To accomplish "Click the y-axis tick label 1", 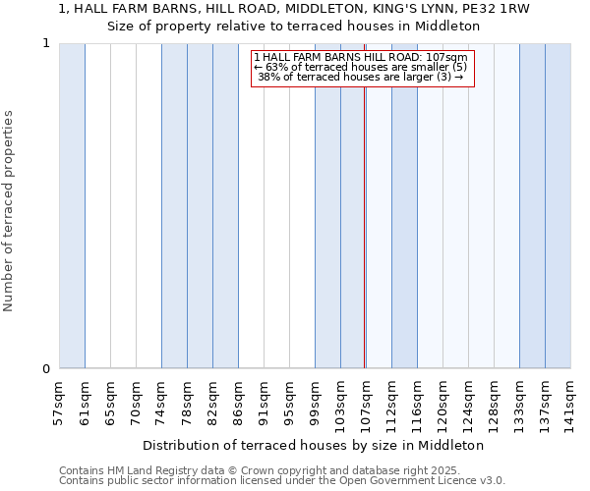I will click(x=45, y=43).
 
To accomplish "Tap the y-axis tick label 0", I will click(x=45, y=369).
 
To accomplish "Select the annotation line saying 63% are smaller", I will click(x=361, y=67).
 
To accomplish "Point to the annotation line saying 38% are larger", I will click(x=361, y=77).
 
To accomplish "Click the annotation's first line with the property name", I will click(x=361, y=57).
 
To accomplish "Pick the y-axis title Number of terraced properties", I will click(x=9, y=211).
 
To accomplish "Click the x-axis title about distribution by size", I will click(x=320, y=445).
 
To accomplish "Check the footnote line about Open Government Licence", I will click(x=282, y=480).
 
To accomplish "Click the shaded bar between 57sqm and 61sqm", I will click(x=72, y=206).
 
